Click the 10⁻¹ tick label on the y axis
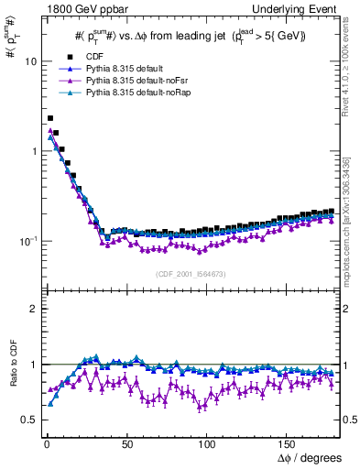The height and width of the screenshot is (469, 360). coord(27,241)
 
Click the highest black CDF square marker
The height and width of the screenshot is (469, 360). coord(50,118)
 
